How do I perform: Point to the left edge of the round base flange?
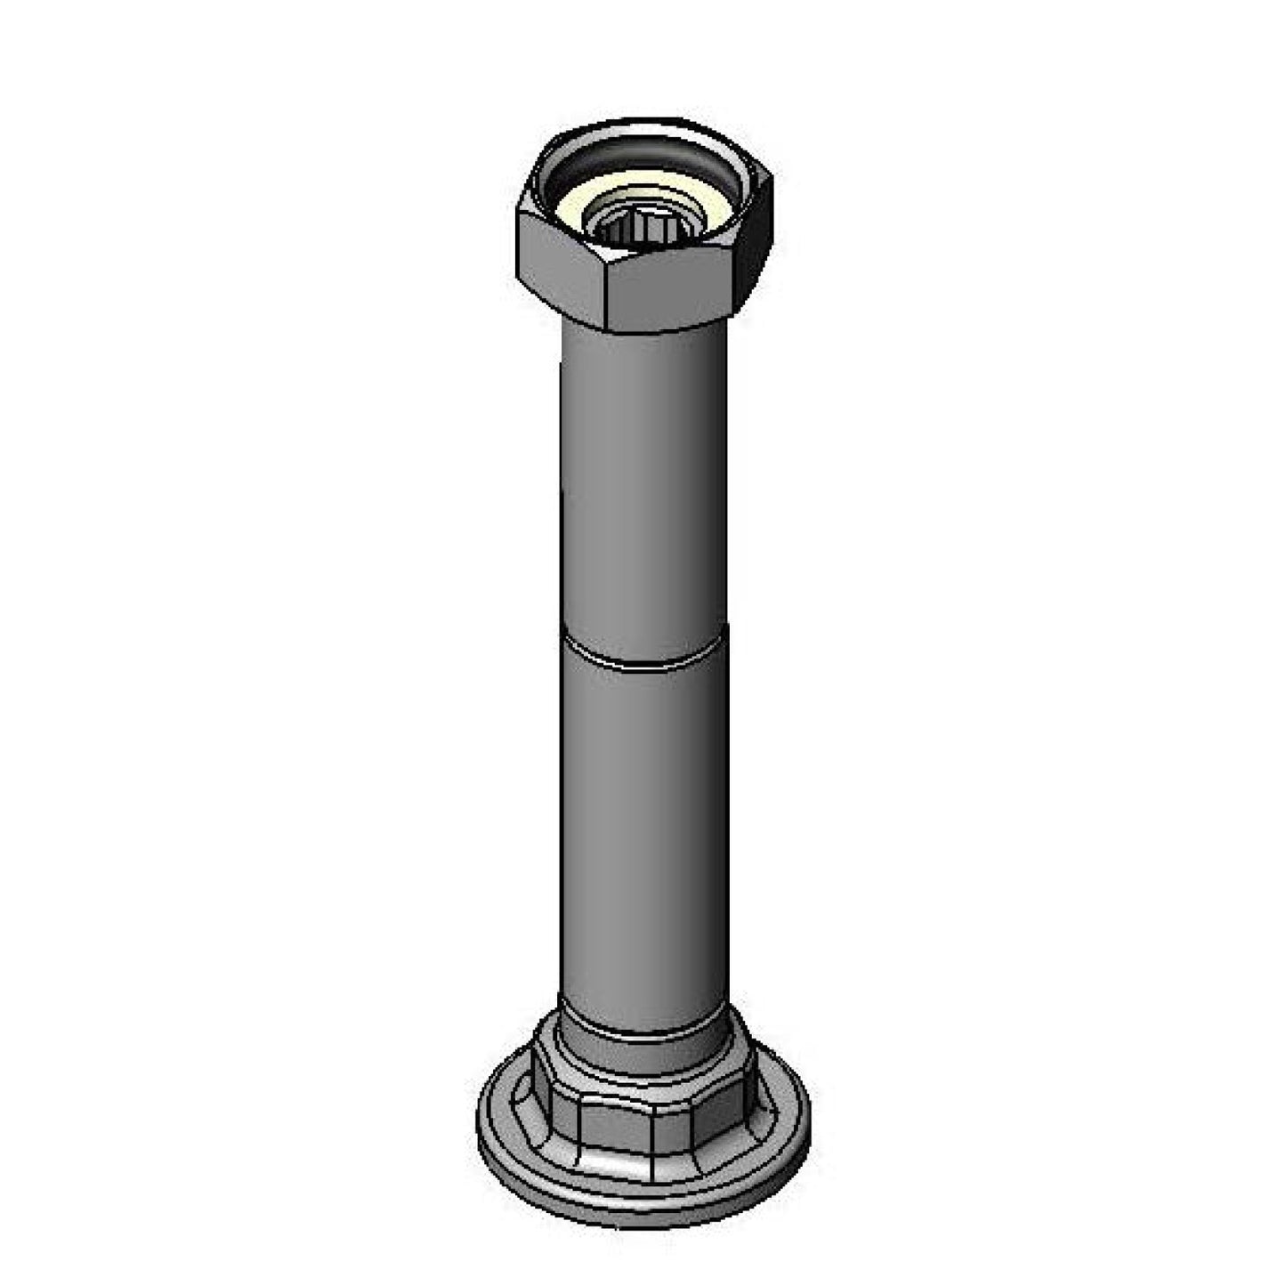tap(481, 1112)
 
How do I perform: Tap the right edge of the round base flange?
tap(807, 1112)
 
